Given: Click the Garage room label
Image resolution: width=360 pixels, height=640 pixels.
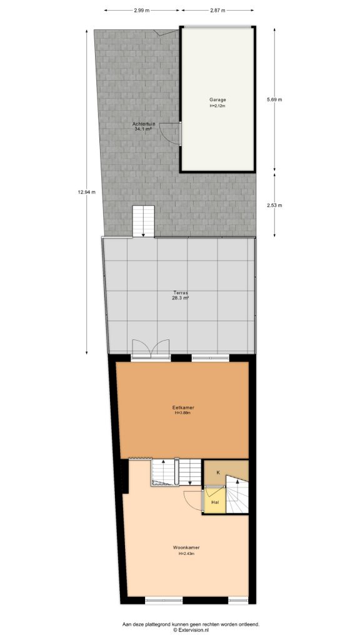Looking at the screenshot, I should pyautogui.click(x=217, y=99).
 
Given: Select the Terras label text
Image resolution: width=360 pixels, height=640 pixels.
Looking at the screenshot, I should pyautogui.click(x=181, y=292).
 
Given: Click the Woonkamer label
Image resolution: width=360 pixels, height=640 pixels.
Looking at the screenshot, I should pyautogui.click(x=187, y=547).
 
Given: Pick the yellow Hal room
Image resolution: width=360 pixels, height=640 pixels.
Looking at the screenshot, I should pyautogui.click(x=214, y=502).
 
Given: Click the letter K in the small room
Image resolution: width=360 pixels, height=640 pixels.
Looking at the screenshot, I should pyautogui.click(x=217, y=472).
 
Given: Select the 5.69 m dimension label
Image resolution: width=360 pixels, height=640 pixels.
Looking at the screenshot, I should pyautogui.click(x=274, y=100).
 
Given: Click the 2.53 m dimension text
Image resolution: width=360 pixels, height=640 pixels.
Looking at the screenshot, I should pyautogui.click(x=274, y=205).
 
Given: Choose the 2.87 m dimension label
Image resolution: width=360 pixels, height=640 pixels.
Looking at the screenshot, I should pyautogui.click(x=217, y=11).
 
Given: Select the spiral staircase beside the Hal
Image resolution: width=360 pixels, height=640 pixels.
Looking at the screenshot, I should pyautogui.click(x=237, y=495).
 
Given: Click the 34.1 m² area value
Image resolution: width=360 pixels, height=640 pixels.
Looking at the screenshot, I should pyautogui.click(x=144, y=129).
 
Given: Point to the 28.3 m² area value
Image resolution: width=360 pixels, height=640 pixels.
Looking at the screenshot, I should pyautogui.click(x=181, y=298).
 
